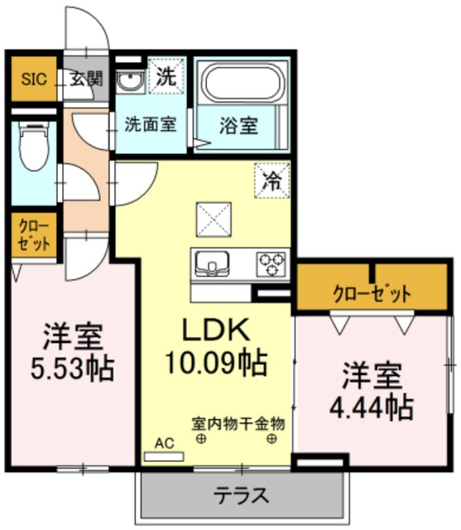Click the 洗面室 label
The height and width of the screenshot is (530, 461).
151,125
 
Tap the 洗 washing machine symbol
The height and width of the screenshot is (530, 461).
166,77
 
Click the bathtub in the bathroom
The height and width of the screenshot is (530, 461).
243,84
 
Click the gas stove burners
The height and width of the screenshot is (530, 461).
271,263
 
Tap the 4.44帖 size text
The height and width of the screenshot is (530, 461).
372,406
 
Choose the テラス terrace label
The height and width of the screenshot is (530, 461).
242,496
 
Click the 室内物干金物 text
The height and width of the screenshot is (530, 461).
238,423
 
